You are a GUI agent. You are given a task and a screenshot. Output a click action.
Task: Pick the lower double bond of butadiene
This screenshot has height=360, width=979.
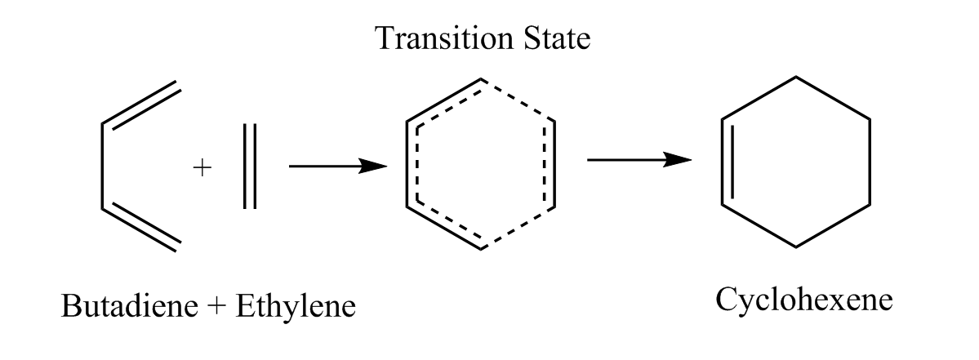pyautogui.click(x=140, y=228)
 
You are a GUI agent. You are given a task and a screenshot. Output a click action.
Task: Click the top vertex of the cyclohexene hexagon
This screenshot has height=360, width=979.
pyautogui.click(x=796, y=77)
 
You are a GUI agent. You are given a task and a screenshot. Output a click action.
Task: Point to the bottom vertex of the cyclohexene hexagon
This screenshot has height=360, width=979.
pyautogui.click(x=796, y=247)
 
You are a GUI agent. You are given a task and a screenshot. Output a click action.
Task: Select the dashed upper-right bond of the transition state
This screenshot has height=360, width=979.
pyautogui.click(x=518, y=100)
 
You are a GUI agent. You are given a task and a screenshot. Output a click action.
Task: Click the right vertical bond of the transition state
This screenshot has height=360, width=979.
pyautogui.click(x=555, y=163)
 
